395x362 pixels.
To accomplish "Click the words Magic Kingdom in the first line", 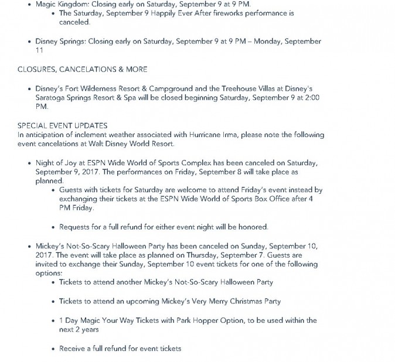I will pos(57,4).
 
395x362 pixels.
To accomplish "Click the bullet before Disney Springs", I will pos(30,42).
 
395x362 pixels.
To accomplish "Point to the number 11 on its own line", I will pos(39,50).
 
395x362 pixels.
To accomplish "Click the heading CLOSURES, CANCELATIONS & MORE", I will pos(82,69).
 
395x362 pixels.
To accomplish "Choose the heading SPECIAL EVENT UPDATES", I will pos(62,126).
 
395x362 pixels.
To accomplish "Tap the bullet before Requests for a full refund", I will pos(53,227).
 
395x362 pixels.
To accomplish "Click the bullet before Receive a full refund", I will pos(53,349).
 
